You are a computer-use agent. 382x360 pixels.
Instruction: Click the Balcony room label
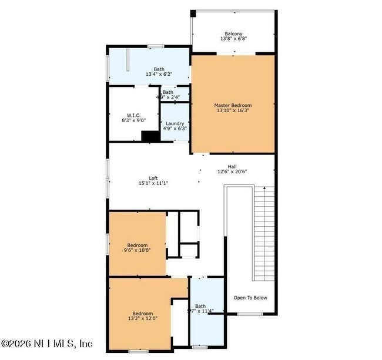(x=233, y=33)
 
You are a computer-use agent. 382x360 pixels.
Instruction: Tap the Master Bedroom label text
(x=233, y=105)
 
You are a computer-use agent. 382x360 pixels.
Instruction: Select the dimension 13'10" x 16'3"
(x=233, y=111)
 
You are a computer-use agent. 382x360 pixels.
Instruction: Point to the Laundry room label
(x=175, y=123)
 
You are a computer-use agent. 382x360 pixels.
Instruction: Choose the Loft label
(x=153, y=177)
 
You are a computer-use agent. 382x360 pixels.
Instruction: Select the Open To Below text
(x=250, y=298)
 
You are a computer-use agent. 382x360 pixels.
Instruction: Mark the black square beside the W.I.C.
(x=150, y=136)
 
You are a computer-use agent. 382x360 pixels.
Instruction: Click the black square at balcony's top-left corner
(x=193, y=13)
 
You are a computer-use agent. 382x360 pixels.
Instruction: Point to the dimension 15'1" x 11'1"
(x=153, y=183)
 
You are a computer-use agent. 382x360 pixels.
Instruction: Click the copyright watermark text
(x=47, y=344)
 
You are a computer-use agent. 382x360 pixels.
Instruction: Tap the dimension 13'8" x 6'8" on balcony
(x=233, y=39)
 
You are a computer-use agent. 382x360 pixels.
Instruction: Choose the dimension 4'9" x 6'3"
(x=175, y=129)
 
